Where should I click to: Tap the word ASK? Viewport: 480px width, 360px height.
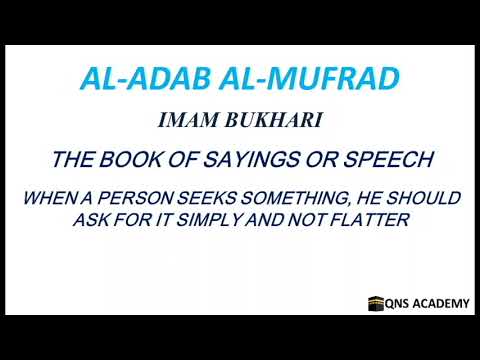point(91,220)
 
